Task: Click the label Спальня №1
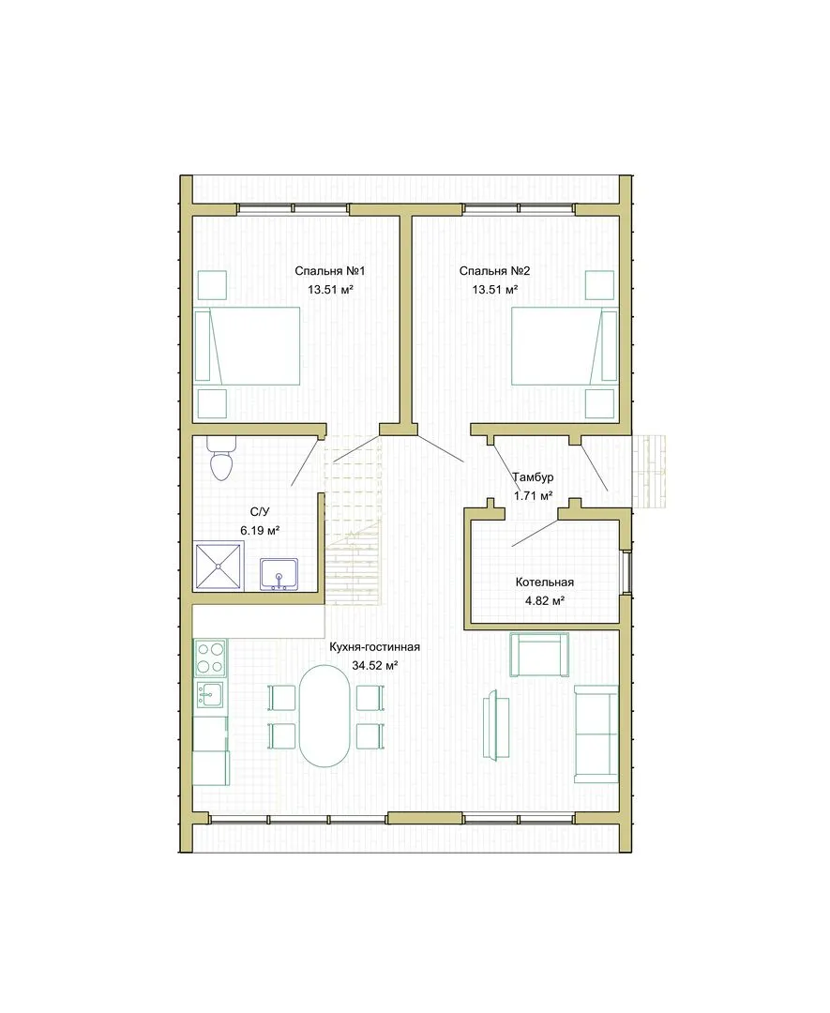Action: point(329,271)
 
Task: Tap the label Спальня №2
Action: point(495,271)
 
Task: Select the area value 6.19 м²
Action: point(260,531)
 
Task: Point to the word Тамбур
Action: point(533,477)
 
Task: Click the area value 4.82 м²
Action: point(545,601)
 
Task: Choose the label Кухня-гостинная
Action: point(374,647)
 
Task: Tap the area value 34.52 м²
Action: point(374,665)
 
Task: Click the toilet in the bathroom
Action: point(221,458)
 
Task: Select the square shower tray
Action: point(219,567)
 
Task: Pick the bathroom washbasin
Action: point(279,574)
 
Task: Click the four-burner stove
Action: point(211,658)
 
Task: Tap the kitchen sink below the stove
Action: point(210,695)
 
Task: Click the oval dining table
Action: point(324,716)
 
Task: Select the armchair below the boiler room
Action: point(539,655)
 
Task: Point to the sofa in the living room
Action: point(596,733)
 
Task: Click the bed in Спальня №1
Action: point(248,346)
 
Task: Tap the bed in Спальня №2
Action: point(565,346)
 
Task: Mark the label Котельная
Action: point(545,582)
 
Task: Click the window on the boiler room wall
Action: point(626,572)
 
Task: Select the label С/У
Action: point(260,512)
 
